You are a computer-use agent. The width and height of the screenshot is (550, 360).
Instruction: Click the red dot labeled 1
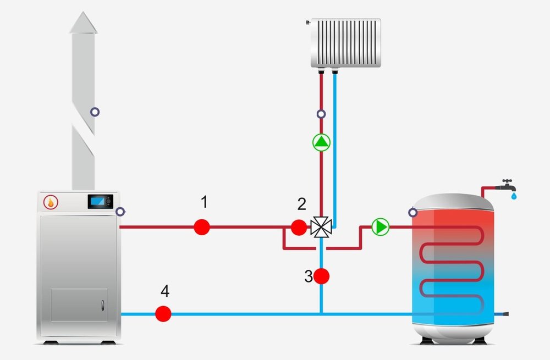[x=202, y=226]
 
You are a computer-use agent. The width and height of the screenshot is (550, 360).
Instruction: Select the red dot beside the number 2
[x=299, y=226]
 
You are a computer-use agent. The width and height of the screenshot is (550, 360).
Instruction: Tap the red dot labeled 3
[x=321, y=276]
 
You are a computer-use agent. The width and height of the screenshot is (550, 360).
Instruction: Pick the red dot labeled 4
[x=163, y=314]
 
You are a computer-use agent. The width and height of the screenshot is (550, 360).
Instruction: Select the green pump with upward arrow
[x=321, y=143]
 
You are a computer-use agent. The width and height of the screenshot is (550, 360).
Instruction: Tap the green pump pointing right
[x=380, y=226]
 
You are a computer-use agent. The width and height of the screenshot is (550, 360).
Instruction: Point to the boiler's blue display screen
[x=99, y=202]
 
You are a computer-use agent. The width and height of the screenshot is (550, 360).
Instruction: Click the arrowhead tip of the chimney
[x=84, y=14]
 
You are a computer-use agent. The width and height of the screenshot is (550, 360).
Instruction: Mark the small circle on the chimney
[x=95, y=112]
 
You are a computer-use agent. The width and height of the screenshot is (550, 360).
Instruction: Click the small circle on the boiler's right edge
[x=120, y=211]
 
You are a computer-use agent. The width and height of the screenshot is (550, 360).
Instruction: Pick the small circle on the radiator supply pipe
[x=321, y=114]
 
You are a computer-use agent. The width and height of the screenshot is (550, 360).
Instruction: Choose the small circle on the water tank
[x=413, y=212]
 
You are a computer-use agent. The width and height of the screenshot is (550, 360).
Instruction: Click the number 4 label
[x=164, y=290]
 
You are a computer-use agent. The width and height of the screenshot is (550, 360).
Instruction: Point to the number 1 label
[x=204, y=202]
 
